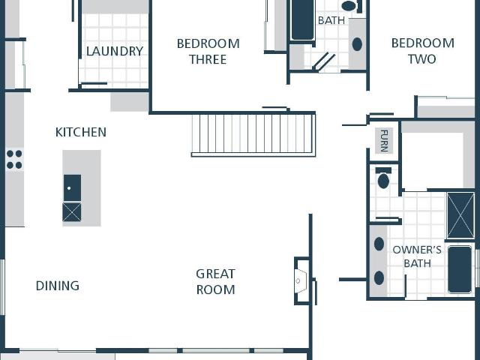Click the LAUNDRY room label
coord(115,51)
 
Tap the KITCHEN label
coord(81,132)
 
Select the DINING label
coord(58,286)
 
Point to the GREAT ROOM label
coord(215,282)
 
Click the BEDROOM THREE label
coord(208,52)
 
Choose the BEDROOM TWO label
coord(423,51)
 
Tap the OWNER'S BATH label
coord(417,256)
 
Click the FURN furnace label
coord(384,141)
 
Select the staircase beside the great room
coord(253,135)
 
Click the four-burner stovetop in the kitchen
coord(14,159)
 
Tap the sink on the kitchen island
coord(72,188)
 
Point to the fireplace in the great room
coord(301,280)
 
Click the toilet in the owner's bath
coord(383,178)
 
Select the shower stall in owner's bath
coord(460,215)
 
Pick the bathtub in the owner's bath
coord(460,269)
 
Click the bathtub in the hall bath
coord(302,19)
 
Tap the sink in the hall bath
coord(357,44)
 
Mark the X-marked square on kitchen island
coord(72,211)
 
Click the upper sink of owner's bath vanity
coord(379,244)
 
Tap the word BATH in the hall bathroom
coord(331,20)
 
